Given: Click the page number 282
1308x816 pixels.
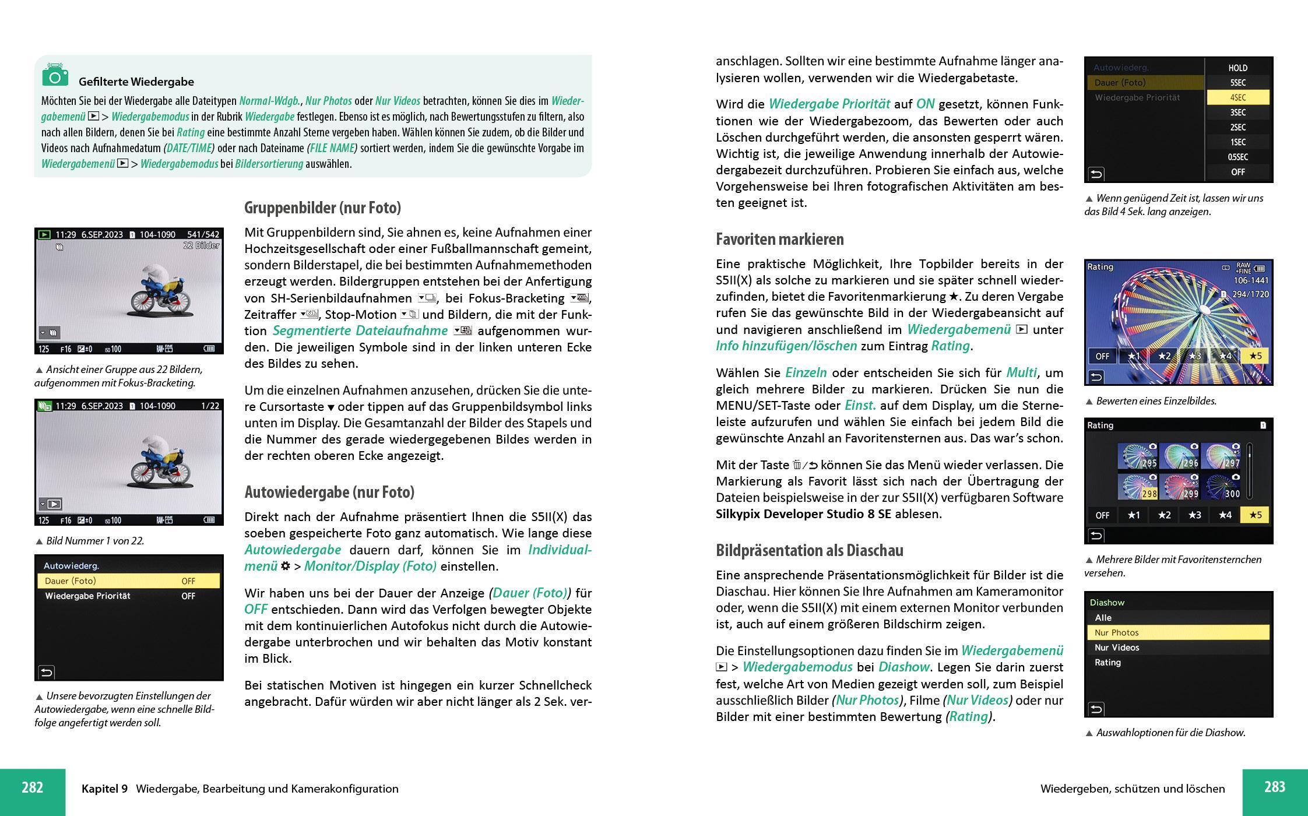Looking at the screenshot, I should tap(33, 788).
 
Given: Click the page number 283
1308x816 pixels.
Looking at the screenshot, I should tap(1274, 787).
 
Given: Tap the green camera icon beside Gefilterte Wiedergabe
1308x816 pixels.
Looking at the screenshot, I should tap(55, 76).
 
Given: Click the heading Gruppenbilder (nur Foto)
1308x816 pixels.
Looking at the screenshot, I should tap(322, 208).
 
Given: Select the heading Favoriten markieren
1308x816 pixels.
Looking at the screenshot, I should tap(779, 240).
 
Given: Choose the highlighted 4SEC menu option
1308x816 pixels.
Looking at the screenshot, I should tap(1237, 97).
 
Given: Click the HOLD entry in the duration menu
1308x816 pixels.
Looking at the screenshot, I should tap(1237, 68).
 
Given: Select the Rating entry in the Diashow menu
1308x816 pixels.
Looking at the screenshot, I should tap(1107, 663).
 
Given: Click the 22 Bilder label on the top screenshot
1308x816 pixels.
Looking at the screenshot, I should tap(201, 246).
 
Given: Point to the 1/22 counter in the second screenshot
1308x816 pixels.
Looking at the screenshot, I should tap(210, 406).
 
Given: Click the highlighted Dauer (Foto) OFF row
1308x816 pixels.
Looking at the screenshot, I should tap(128, 581).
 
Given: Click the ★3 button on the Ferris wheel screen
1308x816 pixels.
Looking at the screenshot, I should tap(1194, 356).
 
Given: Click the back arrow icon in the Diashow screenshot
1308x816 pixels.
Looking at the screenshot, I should tap(1096, 709).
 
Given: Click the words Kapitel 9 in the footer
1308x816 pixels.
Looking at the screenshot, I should tap(104, 789).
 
